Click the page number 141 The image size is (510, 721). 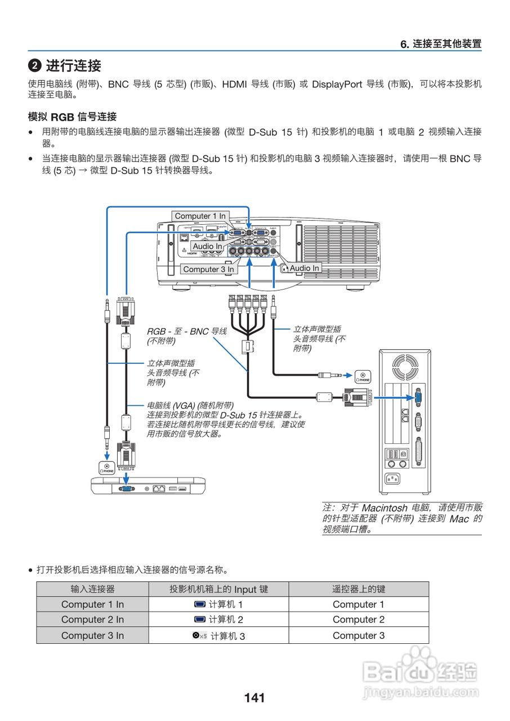coord(254,698)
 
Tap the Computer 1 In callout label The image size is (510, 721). coord(200,216)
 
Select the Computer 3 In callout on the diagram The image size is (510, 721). coord(208,269)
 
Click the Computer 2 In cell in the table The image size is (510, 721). coord(92,620)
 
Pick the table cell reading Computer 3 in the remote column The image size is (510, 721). coord(359,635)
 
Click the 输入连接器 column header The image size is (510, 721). coord(92,589)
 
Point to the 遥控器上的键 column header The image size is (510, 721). coord(359,589)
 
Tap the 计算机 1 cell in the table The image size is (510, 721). coord(218,604)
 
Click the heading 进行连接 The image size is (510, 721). coord(73,65)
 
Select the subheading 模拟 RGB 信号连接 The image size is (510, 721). coord(72,117)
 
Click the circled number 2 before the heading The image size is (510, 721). coord(35,66)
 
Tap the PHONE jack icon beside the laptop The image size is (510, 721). coord(107,466)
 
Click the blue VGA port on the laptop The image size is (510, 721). coord(126,488)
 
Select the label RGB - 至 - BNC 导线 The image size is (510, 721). coord(186,331)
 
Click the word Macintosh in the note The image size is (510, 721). coord(384,508)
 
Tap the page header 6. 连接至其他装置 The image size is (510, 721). coord(441,44)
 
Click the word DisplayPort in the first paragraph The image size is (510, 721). coord(337,84)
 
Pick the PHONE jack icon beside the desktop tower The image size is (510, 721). coord(363,377)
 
